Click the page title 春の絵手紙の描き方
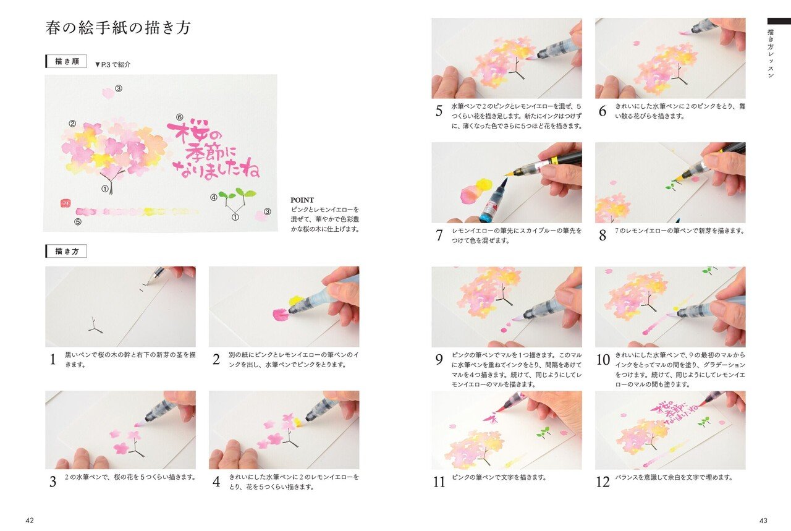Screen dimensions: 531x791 tap(118, 28)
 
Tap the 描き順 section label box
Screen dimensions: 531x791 tap(66, 62)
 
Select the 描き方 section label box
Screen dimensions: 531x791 tap(66, 251)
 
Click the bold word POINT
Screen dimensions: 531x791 tap(302, 200)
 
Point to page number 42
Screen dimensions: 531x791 tap(30, 520)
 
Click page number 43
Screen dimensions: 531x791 tap(762, 520)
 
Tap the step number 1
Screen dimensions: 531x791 tap(53, 360)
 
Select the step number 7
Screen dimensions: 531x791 tap(439, 235)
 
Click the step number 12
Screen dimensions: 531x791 tap(603, 482)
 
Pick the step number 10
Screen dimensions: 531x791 tap(603, 360)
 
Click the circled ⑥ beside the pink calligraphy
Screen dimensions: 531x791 tap(180, 117)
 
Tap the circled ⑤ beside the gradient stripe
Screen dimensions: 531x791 tap(78, 222)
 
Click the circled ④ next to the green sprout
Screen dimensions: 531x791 tap(214, 198)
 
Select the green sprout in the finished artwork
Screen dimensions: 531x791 tap(237, 196)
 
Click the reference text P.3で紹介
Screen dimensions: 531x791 tap(113, 64)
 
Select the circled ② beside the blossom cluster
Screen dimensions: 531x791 tap(72, 124)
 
